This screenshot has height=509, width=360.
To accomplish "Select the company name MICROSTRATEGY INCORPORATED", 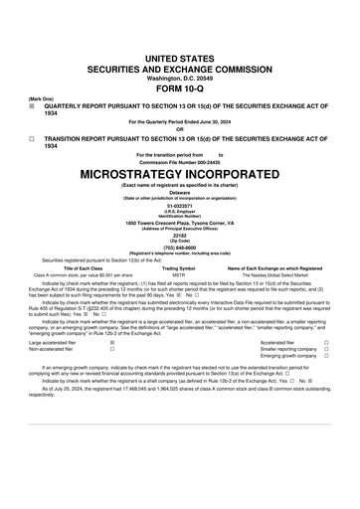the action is click(179, 173).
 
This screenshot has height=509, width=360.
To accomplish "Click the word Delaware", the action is click(179, 194).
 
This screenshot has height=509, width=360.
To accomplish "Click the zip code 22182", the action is click(179, 240).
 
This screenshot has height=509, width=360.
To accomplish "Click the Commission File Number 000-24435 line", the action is click(179, 162).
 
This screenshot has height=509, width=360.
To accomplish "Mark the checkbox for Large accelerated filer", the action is click(111, 343).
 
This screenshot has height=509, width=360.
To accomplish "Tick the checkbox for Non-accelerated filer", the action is click(111, 350).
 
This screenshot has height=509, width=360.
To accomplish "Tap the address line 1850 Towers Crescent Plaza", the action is click(179, 224).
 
